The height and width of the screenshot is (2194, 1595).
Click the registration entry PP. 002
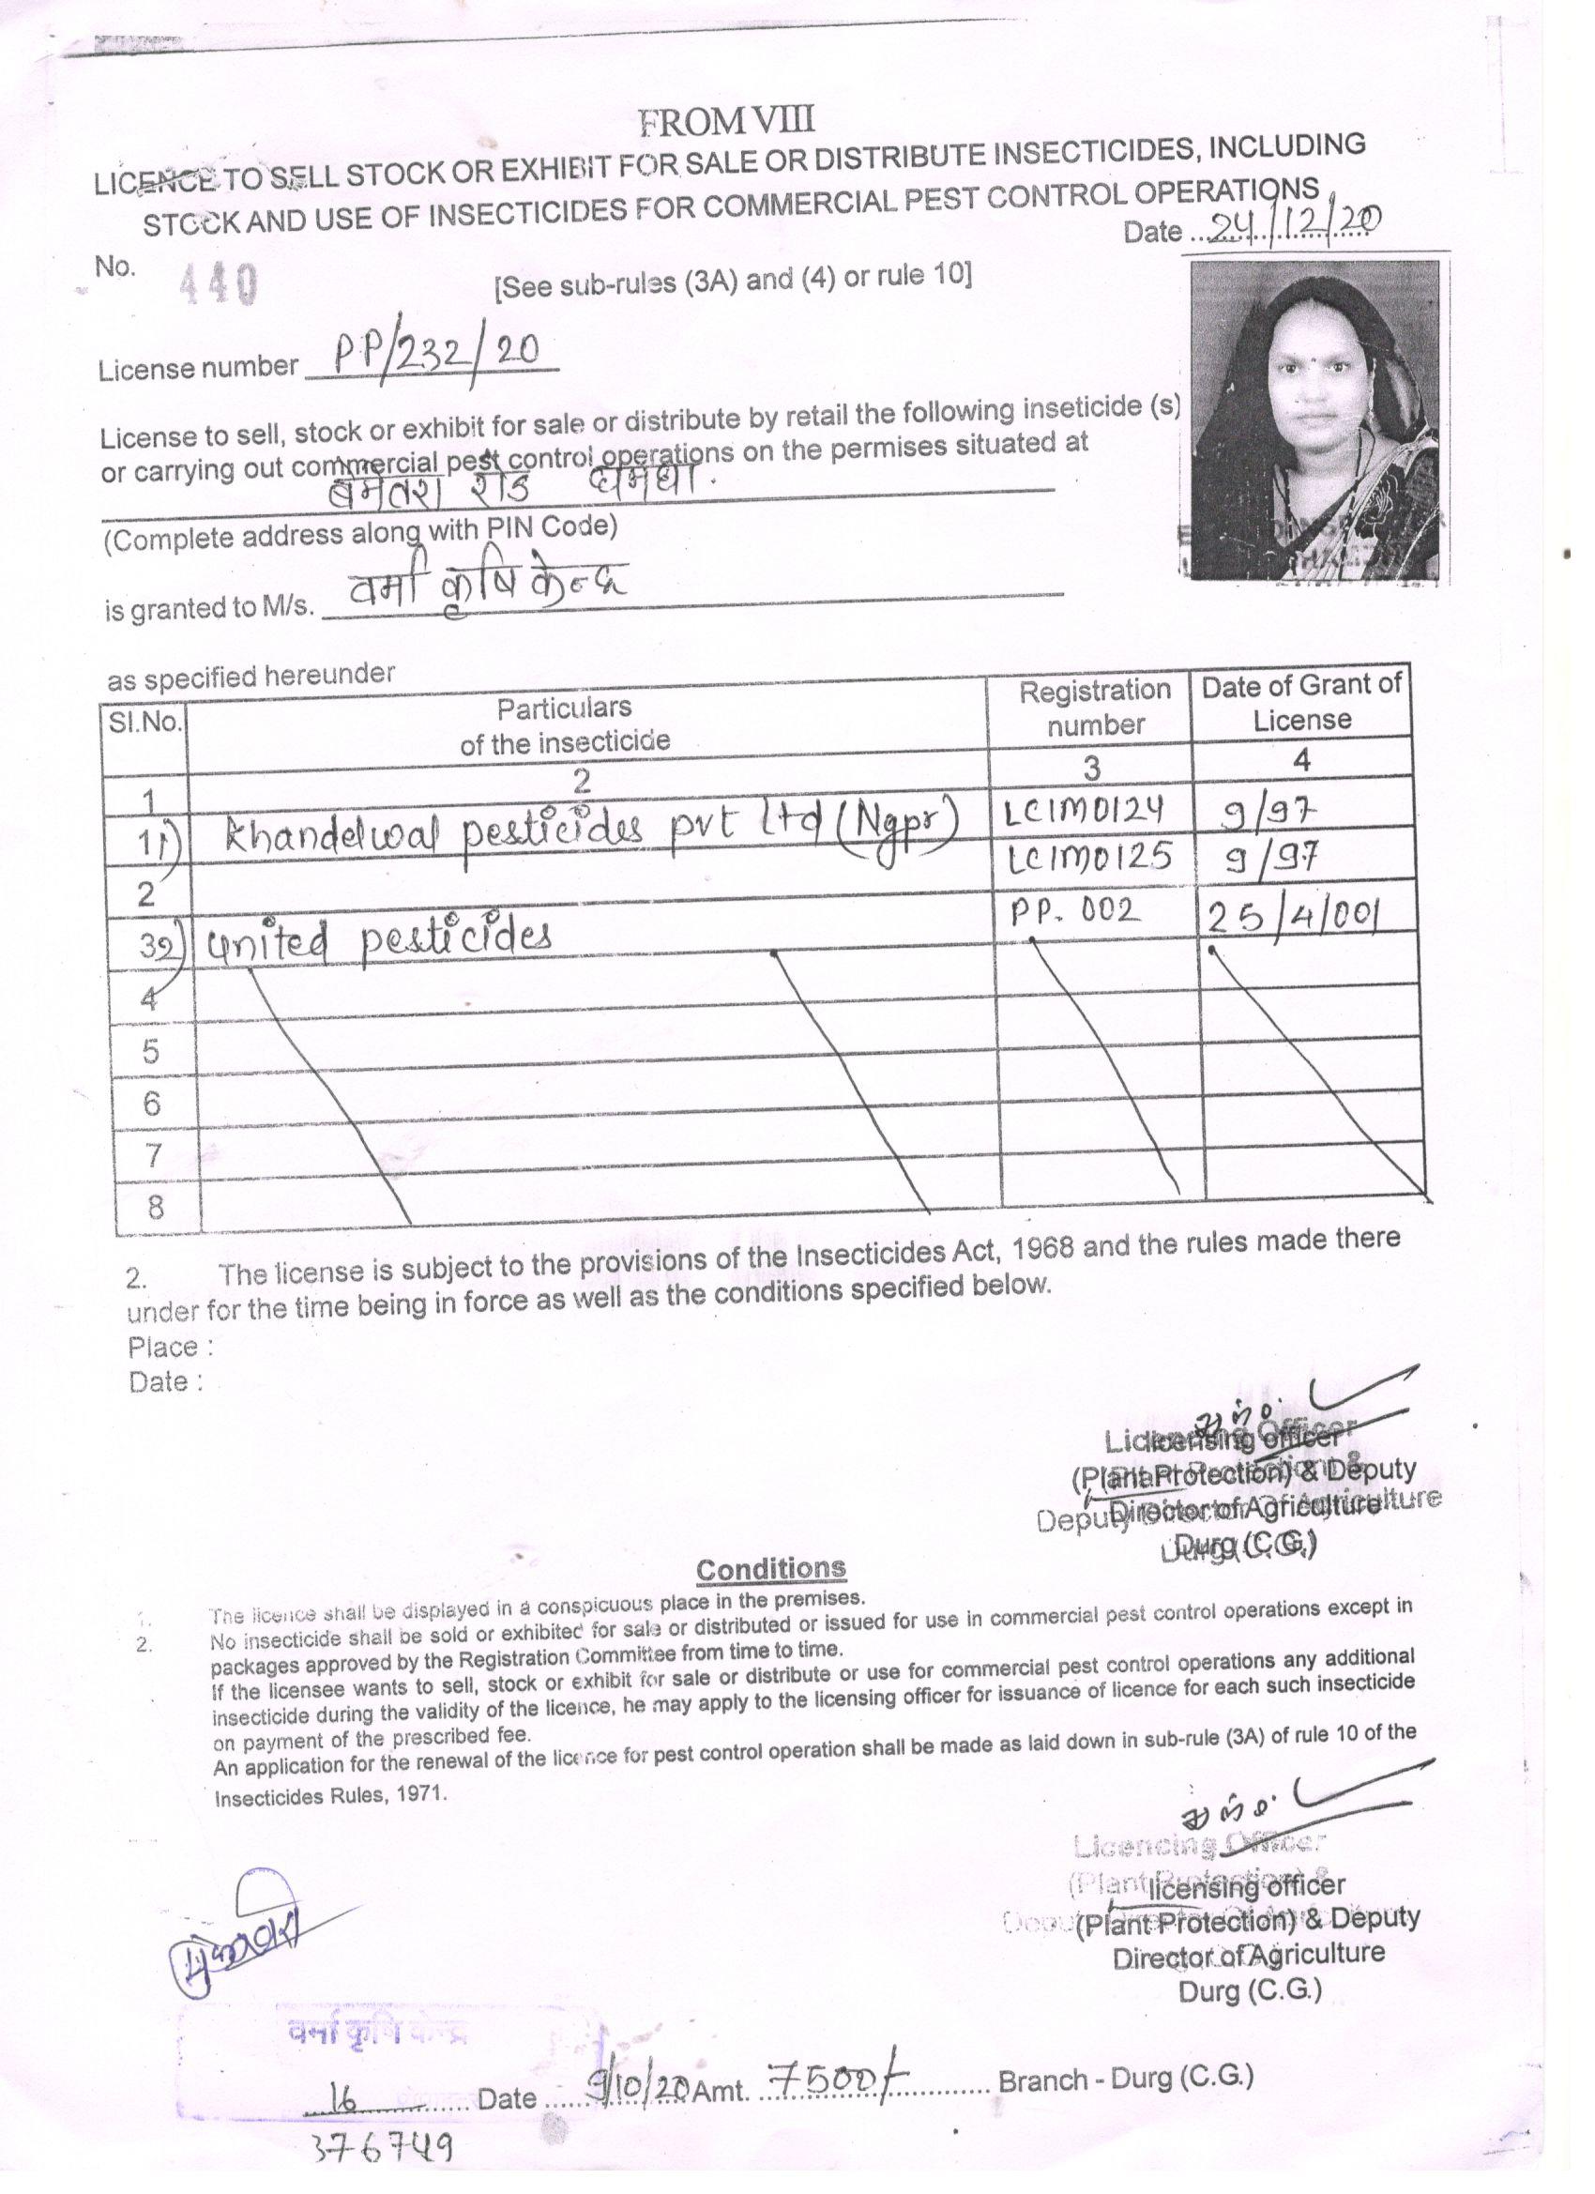point(1071,910)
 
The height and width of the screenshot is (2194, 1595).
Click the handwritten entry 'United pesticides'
point(377,937)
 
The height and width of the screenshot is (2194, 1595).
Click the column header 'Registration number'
point(1094,708)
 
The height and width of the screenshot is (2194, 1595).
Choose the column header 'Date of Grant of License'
point(1301,702)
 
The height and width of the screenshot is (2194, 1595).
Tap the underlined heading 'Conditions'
point(770,1568)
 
